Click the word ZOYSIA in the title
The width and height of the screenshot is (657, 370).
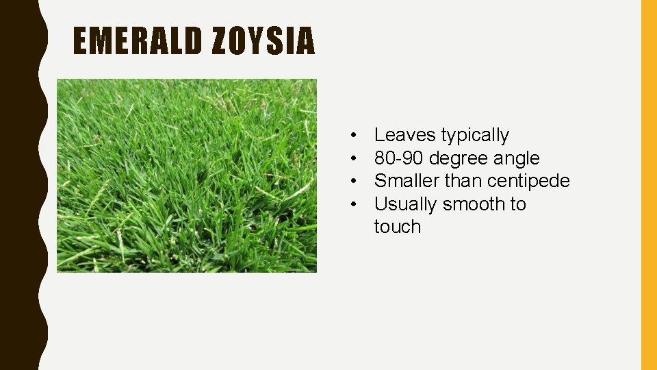click(263, 41)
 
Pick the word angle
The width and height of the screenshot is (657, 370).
click(517, 159)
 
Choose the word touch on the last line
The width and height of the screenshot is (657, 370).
click(397, 227)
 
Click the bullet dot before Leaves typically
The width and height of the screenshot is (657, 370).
click(351, 136)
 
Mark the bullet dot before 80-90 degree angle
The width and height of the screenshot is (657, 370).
click(351, 158)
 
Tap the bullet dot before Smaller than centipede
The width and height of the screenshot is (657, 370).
click(351, 182)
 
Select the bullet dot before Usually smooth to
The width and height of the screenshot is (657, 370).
click(351, 204)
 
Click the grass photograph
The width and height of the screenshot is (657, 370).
click(186, 175)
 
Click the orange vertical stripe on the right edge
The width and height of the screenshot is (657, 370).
click(648, 185)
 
